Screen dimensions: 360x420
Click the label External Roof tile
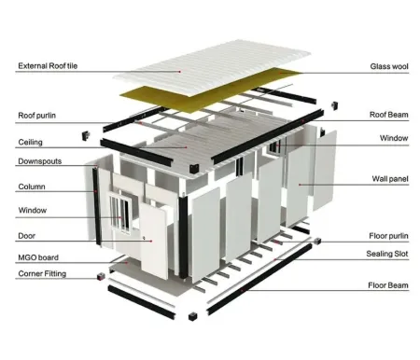coord(47,65)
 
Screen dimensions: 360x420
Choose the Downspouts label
coord(36,161)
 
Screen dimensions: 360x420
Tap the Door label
coord(27,235)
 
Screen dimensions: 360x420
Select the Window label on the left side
coord(32,210)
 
